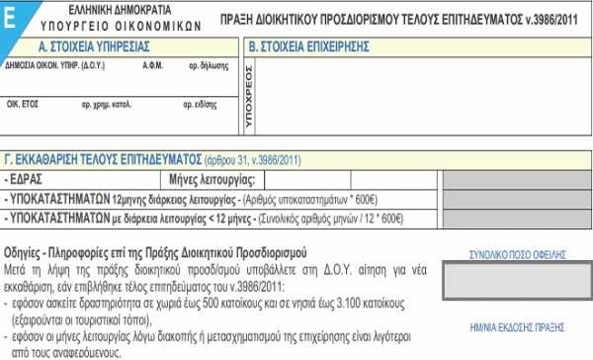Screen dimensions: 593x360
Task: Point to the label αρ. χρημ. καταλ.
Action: click(107, 102)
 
